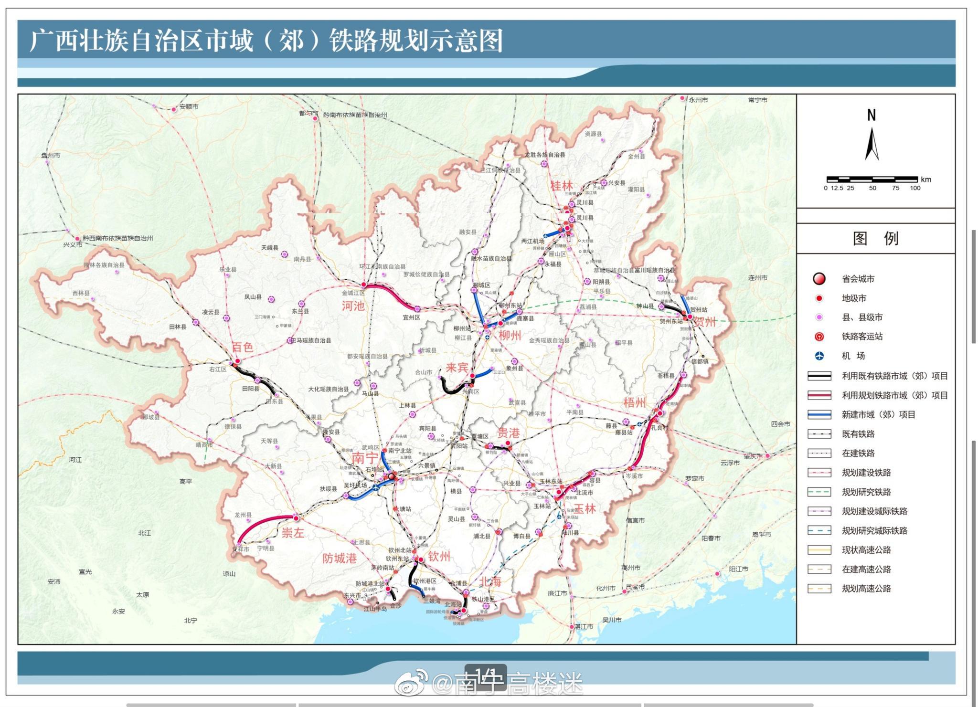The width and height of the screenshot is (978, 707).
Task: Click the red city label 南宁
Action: point(365,458)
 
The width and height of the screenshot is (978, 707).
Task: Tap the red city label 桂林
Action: point(561,186)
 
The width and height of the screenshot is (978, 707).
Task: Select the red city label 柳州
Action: point(510,335)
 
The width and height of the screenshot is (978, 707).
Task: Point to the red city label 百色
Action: point(242,347)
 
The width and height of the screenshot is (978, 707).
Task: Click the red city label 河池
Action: point(353,306)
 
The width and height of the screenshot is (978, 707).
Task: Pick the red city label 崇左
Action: point(293,533)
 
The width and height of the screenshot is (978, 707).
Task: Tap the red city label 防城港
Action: point(339,558)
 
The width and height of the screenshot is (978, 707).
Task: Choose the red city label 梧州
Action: point(635,402)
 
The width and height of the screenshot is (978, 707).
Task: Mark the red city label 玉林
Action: point(585,509)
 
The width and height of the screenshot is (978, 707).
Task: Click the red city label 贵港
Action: point(508,433)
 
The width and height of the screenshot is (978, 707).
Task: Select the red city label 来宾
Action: point(457,367)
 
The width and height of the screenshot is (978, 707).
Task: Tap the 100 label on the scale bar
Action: point(915,188)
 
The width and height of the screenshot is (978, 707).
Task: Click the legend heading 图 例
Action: point(875,238)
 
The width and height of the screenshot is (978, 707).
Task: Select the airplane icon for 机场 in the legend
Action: point(819,356)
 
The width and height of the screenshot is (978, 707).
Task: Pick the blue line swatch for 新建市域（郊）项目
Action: point(819,414)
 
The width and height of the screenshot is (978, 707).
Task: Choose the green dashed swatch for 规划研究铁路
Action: point(819,492)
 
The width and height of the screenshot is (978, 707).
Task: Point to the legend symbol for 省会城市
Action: point(819,279)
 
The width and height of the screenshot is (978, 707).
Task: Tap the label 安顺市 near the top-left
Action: point(189,106)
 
